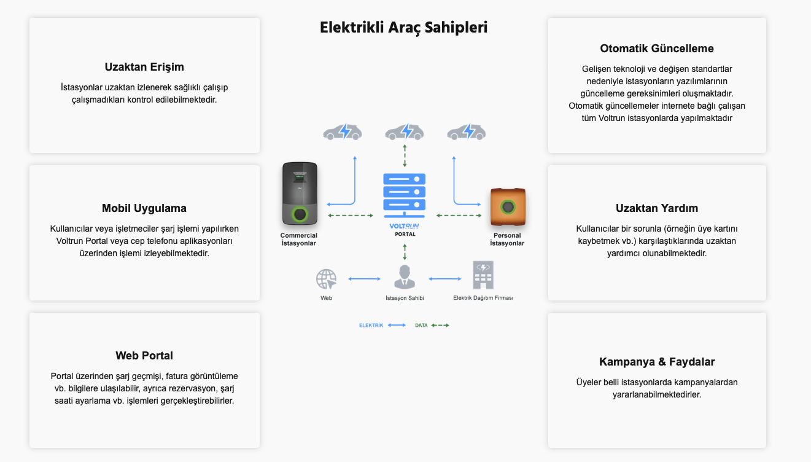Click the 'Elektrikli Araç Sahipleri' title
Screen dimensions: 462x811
click(x=403, y=28)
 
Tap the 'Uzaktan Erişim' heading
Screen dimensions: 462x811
click(x=144, y=67)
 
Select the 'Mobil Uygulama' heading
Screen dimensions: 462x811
click(x=144, y=208)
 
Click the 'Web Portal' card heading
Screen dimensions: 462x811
click(x=144, y=356)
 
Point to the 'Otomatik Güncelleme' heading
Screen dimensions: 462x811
click(x=657, y=49)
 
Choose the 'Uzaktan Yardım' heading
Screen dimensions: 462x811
click(x=657, y=208)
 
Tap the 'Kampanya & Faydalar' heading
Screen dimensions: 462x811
click(x=657, y=362)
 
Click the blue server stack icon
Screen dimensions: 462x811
click(x=404, y=195)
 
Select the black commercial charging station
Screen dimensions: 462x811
click(x=300, y=194)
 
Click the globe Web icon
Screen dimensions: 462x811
click(x=326, y=279)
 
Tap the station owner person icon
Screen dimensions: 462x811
click(x=404, y=276)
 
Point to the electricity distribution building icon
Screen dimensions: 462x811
click(x=483, y=275)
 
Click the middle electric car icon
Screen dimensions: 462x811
click(x=404, y=131)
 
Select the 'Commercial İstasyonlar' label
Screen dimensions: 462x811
click(x=299, y=240)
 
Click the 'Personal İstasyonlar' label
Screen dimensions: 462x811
click(x=507, y=240)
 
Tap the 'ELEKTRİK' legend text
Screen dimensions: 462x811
click(x=371, y=326)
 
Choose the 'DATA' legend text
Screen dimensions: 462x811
click(x=421, y=326)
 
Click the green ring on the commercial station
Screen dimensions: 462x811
click(x=300, y=214)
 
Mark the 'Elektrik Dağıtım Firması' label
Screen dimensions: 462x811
click(x=483, y=298)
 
